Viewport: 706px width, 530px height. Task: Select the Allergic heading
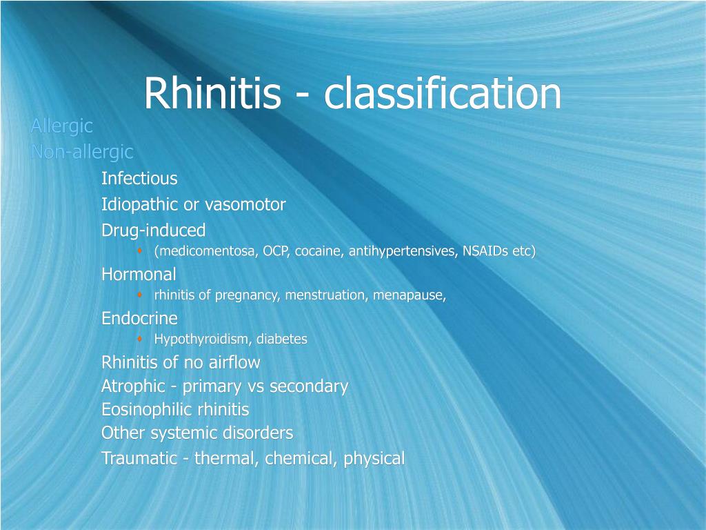click(61, 126)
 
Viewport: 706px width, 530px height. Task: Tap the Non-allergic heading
click(82, 152)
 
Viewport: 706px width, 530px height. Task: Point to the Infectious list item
click(139, 179)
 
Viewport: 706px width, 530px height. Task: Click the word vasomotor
click(245, 205)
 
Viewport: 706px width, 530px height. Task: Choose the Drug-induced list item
click(153, 230)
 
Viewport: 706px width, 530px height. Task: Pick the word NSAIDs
click(485, 251)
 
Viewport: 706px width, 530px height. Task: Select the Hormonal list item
click(139, 274)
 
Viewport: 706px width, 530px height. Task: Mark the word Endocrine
click(139, 318)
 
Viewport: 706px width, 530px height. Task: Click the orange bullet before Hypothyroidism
click(140, 339)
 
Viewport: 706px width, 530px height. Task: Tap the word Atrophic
click(132, 386)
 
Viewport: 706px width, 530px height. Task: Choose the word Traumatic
click(139, 458)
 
